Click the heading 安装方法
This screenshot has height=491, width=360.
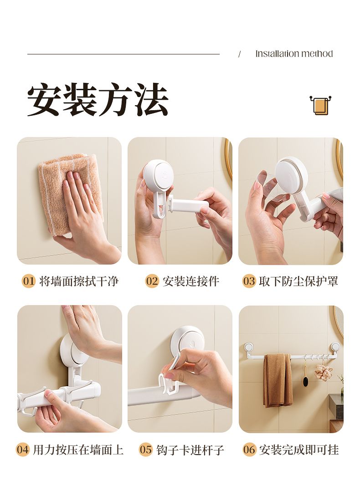[98, 100]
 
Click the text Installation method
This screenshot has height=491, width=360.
[294, 54]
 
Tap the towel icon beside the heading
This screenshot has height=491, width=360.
[320, 105]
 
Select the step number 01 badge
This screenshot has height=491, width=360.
[29, 281]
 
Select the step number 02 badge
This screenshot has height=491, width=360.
[152, 281]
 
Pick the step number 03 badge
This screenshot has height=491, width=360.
[249, 281]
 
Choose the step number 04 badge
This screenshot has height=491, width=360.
[23, 450]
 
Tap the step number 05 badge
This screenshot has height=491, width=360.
[146, 450]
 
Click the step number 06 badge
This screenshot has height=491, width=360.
[249, 450]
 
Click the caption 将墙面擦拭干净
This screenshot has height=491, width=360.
[79, 281]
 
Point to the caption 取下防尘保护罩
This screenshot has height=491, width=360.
[298, 281]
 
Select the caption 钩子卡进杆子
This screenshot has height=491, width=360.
[190, 450]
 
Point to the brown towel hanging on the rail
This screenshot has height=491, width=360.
[278, 380]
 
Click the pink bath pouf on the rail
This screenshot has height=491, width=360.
[324, 372]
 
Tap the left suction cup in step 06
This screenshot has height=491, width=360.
[249, 348]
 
